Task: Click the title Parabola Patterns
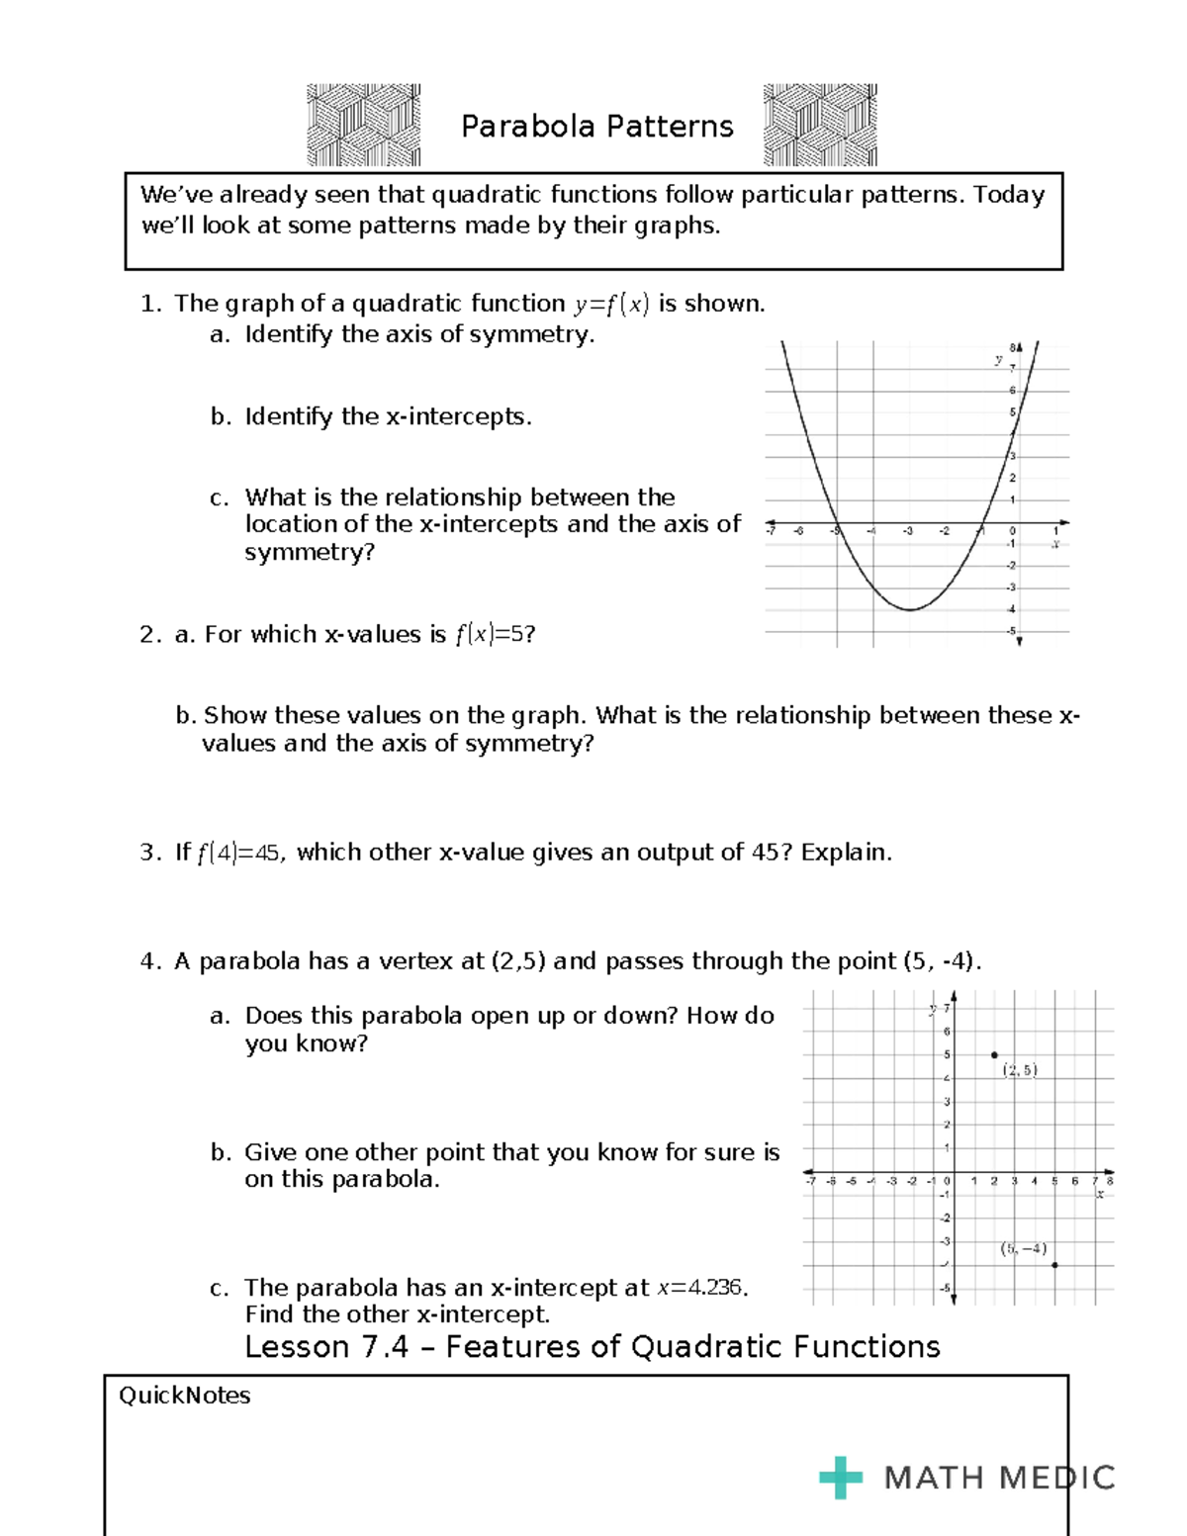(x=596, y=127)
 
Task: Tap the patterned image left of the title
(x=363, y=125)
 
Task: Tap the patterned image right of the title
(x=820, y=125)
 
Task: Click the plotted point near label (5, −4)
(x=1054, y=1265)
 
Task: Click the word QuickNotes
(x=185, y=1396)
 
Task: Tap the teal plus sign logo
(x=840, y=1478)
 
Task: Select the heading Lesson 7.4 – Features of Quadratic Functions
(x=592, y=1347)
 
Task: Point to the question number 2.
(x=149, y=635)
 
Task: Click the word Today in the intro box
(x=1008, y=195)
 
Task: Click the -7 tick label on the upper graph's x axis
(x=771, y=532)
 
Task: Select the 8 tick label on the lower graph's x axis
(x=1110, y=1181)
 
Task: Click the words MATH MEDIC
(x=999, y=1478)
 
